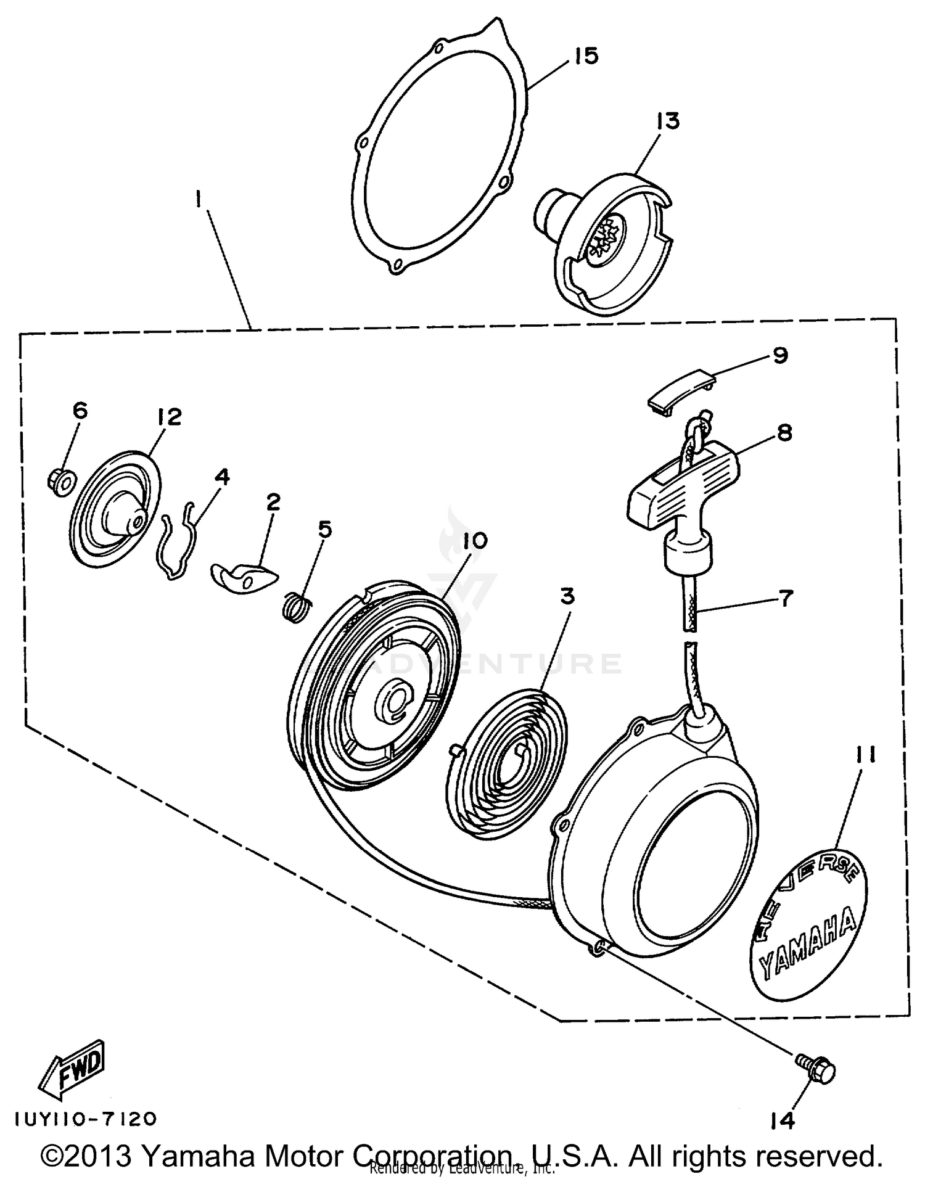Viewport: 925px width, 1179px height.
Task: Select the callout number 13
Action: tap(668, 120)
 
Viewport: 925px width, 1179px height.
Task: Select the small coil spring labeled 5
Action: tap(298, 606)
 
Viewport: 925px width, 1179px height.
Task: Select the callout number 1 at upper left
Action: tap(199, 200)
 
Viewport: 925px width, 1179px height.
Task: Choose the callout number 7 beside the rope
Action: tap(785, 598)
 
